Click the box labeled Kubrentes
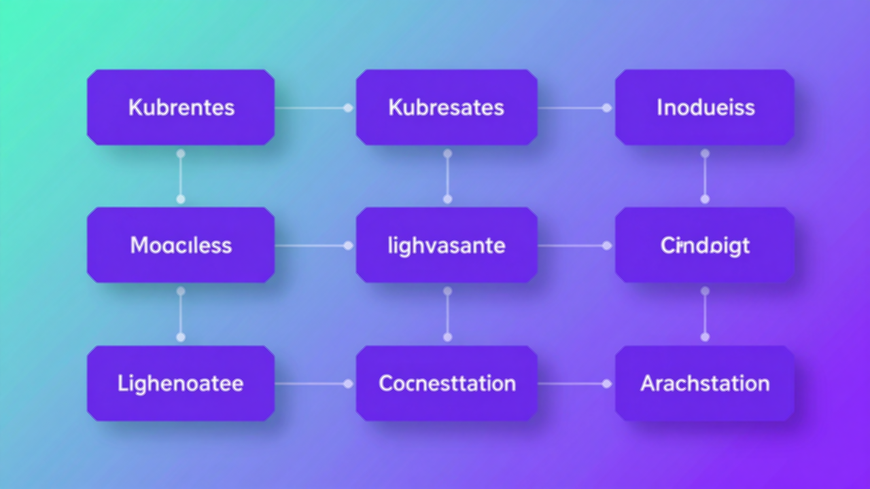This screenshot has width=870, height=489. [x=181, y=107]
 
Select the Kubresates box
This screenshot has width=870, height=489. [x=447, y=107]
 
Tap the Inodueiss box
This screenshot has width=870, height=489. [x=705, y=107]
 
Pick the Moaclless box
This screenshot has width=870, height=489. [x=181, y=245]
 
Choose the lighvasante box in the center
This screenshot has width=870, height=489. [x=447, y=245]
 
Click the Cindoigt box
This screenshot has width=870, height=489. [x=705, y=245]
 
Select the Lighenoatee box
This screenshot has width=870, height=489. [x=181, y=383]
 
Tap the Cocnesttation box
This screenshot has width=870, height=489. [x=447, y=383]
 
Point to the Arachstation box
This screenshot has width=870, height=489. [x=705, y=383]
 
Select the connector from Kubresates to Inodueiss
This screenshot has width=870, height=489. [x=574, y=108]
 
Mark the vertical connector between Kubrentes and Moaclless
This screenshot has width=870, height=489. [x=181, y=177]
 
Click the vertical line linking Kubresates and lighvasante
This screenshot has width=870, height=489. [x=447, y=177]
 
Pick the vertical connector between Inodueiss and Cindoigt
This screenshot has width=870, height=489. [x=705, y=177]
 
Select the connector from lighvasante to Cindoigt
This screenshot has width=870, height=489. [x=574, y=245]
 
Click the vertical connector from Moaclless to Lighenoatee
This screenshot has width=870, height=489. [x=181, y=314]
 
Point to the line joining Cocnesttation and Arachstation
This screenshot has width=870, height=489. [x=574, y=384]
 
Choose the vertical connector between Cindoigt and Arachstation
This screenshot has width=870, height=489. [x=705, y=314]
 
